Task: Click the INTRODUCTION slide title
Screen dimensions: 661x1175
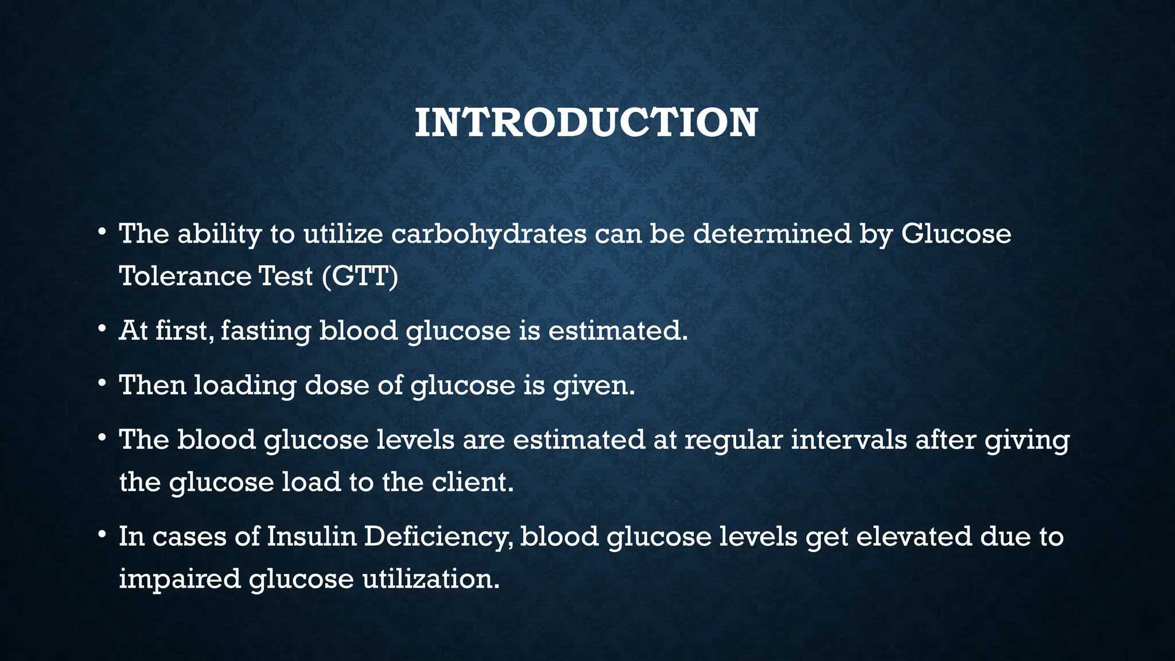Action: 586,123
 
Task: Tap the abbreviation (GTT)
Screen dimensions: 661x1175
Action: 360,276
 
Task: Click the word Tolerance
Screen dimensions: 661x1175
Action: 185,276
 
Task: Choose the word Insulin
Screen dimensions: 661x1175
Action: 312,536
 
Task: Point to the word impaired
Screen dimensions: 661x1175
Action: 180,579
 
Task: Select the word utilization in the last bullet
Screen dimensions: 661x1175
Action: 431,578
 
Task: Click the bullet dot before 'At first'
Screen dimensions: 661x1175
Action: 102,329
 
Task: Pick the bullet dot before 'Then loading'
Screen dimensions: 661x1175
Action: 102,383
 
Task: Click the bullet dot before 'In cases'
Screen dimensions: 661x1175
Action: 102,535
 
